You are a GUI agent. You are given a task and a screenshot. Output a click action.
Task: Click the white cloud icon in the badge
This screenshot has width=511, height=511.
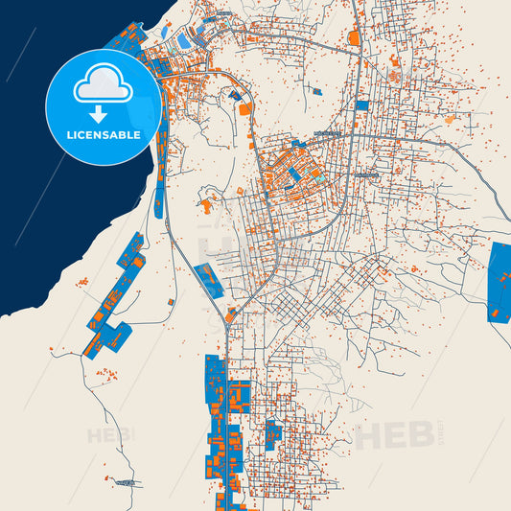[103, 86]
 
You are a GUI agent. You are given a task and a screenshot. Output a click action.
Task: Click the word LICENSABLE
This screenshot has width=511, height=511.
[103, 135]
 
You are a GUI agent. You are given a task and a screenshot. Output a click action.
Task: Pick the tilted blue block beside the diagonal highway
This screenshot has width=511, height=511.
[208, 279]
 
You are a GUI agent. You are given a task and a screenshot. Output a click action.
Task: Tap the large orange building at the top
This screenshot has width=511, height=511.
[354, 39]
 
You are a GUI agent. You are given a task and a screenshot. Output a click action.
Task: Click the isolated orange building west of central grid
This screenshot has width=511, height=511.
[205, 204]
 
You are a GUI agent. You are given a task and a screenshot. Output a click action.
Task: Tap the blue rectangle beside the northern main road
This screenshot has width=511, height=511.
[362, 105]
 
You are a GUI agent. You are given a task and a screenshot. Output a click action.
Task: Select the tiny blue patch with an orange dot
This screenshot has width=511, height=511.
[234, 96]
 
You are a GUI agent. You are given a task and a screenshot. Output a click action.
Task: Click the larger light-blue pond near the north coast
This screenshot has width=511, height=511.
[183, 41]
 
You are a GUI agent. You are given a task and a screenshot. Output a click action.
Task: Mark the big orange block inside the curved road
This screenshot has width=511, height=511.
[244, 109]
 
